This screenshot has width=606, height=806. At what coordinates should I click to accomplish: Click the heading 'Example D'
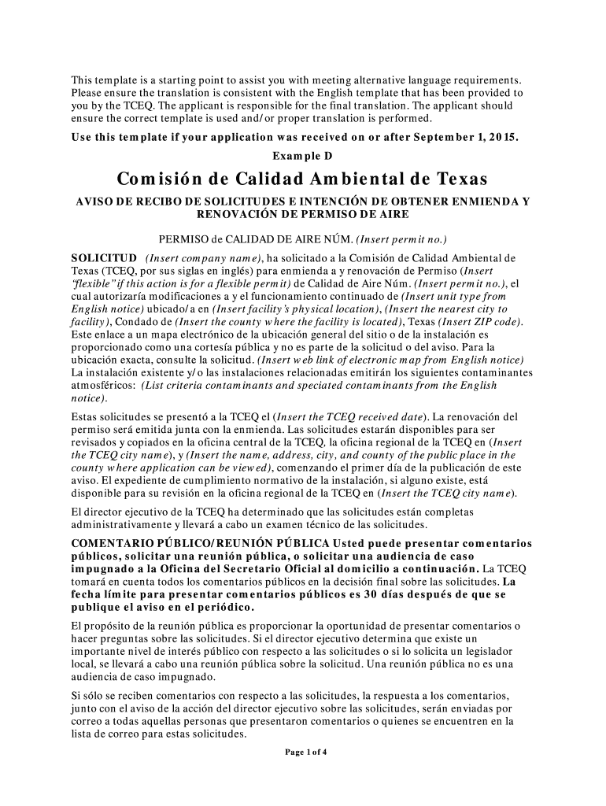[x=302, y=156]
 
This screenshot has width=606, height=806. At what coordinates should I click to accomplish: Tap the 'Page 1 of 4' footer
[x=305, y=752]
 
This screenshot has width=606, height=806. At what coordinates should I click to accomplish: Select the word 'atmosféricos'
[x=102, y=385]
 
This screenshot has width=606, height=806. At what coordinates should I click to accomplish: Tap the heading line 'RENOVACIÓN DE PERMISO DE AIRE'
[x=301, y=213]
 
